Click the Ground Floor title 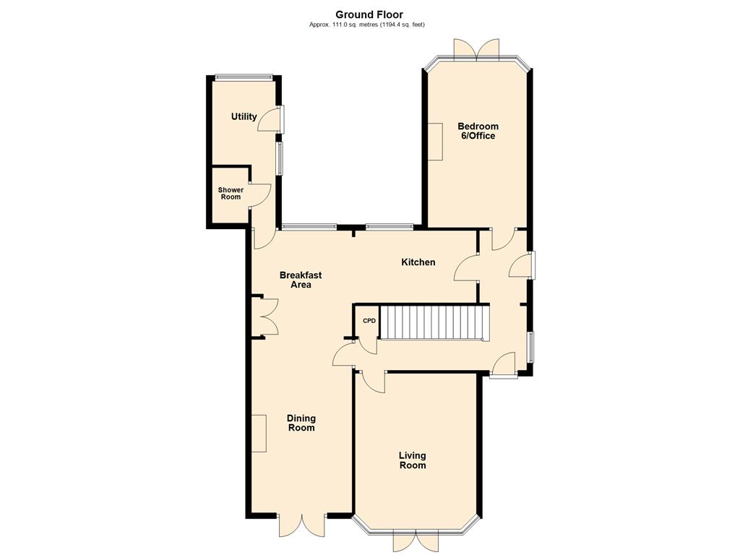click(x=369, y=14)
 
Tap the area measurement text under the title click(x=366, y=25)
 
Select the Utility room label click(x=244, y=116)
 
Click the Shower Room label click(x=231, y=194)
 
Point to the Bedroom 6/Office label click(x=478, y=132)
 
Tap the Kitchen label click(x=418, y=262)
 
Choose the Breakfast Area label click(x=301, y=280)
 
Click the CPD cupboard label click(x=369, y=321)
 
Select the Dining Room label click(x=301, y=423)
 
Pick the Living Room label click(x=413, y=460)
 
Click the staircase click(x=434, y=322)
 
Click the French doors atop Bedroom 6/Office click(x=476, y=50)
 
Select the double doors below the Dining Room click(x=301, y=525)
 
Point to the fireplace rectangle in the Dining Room click(x=259, y=434)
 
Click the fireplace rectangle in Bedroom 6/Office click(x=435, y=142)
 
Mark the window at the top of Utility click(x=244, y=77)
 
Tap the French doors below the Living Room click(x=416, y=541)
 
